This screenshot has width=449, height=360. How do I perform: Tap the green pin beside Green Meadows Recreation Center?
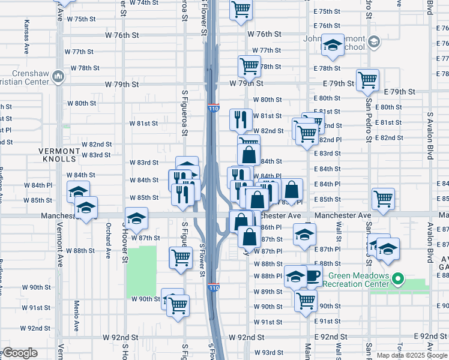click(x=397, y=278)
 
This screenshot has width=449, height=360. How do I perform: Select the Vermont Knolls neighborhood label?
click(x=59, y=155)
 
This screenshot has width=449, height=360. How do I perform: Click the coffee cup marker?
click(x=312, y=276)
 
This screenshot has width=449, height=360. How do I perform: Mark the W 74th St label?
click(x=145, y=2)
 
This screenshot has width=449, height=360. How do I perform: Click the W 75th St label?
click(x=81, y=19)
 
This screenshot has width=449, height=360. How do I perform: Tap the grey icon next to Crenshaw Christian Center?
click(x=58, y=76)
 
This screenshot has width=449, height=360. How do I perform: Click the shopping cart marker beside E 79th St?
click(x=367, y=79)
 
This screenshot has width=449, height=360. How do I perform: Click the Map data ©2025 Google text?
click(x=412, y=355)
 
